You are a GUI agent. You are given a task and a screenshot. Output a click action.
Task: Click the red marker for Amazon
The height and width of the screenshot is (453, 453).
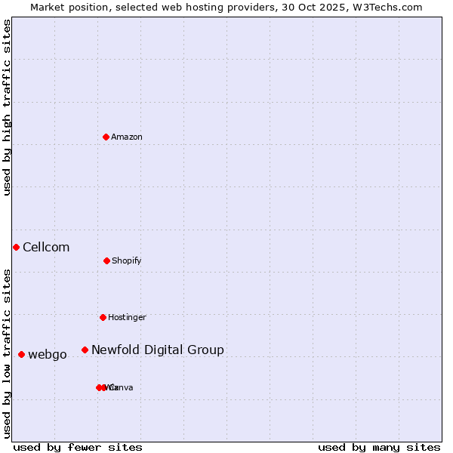(106, 137)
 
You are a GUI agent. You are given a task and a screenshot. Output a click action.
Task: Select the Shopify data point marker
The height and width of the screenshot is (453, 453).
(106, 260)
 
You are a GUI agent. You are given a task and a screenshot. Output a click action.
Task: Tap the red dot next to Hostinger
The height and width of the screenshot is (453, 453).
(103, 317)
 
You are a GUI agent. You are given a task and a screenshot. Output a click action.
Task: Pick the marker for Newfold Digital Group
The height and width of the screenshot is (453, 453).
(85, 350)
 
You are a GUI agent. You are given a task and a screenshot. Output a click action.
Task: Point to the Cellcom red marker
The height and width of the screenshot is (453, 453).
(16, 247)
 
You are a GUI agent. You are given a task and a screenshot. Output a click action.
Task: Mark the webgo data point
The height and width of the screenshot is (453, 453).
(21, 354)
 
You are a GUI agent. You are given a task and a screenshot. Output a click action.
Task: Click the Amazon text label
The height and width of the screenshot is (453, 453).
(127, 137)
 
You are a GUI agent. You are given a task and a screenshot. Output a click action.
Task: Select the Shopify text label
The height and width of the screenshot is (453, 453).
(127, 260)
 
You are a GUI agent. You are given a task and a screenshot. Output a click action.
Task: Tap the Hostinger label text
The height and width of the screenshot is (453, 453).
(127, 317)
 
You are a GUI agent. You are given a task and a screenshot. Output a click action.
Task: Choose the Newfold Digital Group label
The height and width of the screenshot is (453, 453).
(158, 350)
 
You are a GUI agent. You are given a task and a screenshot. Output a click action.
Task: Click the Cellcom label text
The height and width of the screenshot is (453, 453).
(46, 247)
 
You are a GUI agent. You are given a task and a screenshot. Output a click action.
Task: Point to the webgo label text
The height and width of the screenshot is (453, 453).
(48, 354)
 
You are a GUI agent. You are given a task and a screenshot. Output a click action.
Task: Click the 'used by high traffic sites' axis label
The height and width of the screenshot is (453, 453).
(8, 107)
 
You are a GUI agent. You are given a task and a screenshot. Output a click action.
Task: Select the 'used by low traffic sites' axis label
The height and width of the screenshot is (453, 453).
(8, 353)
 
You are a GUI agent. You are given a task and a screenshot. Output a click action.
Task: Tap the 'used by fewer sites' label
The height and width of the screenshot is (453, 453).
(78, 447)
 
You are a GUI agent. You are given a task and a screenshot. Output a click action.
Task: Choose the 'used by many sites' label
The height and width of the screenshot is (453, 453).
(379, 447)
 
